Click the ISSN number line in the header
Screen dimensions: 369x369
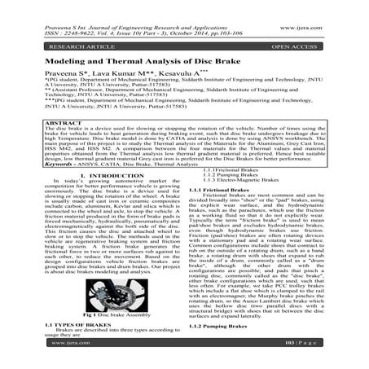pyautogui.click(x=49, y=14)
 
